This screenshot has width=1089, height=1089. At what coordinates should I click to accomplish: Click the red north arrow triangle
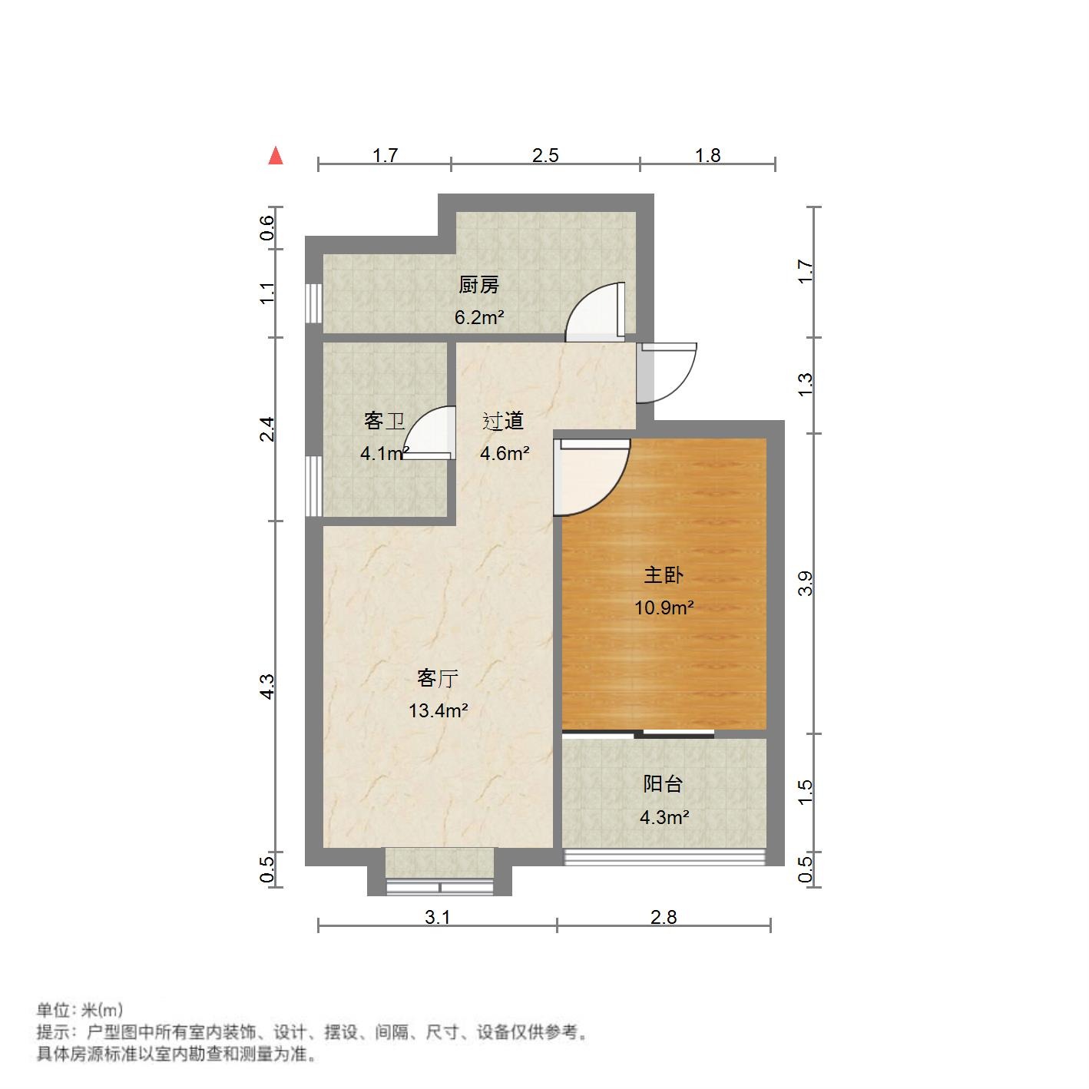[x=276, y=156]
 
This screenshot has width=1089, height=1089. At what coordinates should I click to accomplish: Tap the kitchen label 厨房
[x=478, y=286]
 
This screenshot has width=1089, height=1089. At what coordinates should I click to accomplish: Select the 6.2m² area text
[x=478, y=317]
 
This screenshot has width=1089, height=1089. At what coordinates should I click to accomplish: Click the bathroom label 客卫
[x=384, y=421]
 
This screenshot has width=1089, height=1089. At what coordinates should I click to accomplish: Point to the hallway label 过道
[x=503, y=421]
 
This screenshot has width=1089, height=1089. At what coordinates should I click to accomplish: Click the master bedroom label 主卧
[x=664, y=575]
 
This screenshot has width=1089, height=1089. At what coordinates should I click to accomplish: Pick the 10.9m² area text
[x=664, y=608]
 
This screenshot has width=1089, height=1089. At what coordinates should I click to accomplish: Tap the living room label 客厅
[x=438, y=678]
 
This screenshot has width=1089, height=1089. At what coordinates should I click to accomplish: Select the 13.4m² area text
[x=438, y=711]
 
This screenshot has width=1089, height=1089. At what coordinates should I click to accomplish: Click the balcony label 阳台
[x=663, y=784]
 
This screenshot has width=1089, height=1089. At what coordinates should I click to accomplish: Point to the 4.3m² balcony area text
[x=664, y=818]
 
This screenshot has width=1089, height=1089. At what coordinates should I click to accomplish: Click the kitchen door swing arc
[x=592, y=310]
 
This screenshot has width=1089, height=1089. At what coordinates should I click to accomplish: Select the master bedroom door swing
[x=590, y=478]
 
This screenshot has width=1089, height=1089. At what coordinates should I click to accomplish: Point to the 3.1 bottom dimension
[x=437, y=917]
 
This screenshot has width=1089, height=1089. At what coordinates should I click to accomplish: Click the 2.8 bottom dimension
[x=664, y=917]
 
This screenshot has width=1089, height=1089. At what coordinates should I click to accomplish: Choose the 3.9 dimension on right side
[x=805, y=584]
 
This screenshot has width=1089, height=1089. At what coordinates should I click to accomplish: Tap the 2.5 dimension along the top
[x=545, y=156]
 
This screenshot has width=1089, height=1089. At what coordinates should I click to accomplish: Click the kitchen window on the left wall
[x=313, y=304]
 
